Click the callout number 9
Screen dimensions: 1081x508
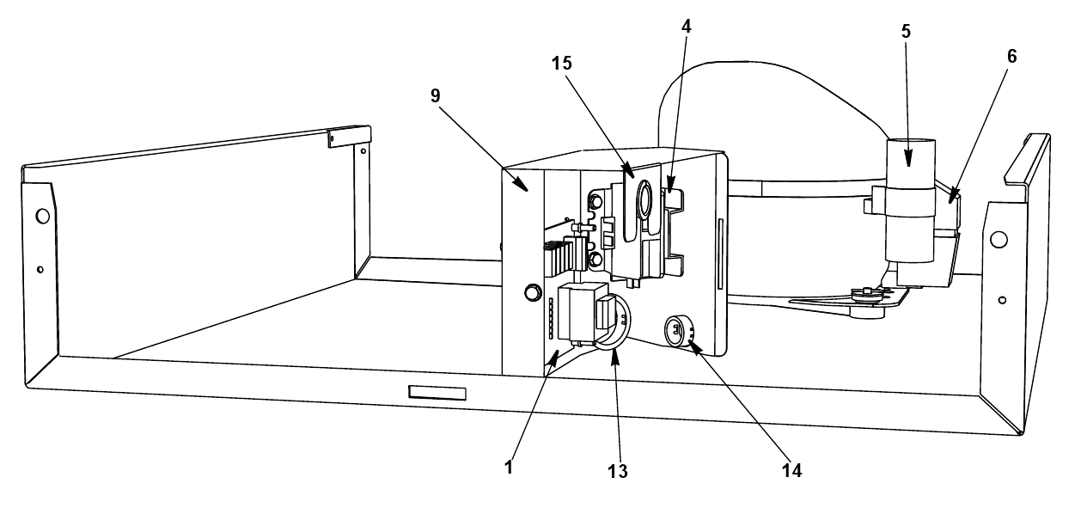(x=436, y=96)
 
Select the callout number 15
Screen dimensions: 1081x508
(x=562, y=64)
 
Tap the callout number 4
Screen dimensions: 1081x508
(x=687, y=27)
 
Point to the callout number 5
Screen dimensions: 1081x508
(x=906, y=32)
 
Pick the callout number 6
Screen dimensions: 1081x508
(x=1012, y=57)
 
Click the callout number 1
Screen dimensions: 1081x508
(x=508, y=467)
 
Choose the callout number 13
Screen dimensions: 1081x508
(x=618, y=471)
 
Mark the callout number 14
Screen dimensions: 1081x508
(x=792, y=470)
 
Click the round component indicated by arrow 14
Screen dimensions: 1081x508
(x=678, y=331)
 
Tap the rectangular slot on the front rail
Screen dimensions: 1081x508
(x=437, y=393)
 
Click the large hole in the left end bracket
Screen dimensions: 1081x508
(x=42, y=216)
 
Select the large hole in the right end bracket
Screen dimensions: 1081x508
(x=999, y=240)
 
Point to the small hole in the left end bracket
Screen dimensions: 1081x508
(x=40, y=269)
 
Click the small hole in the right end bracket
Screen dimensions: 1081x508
(x=1002, y=300)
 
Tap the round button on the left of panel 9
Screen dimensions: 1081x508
(x=532, y=292)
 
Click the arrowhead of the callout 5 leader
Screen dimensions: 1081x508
(x=908, y=160)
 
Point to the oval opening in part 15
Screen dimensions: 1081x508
(x=644, y=199)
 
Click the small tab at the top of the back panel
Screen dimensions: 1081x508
(x=349, y=138)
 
